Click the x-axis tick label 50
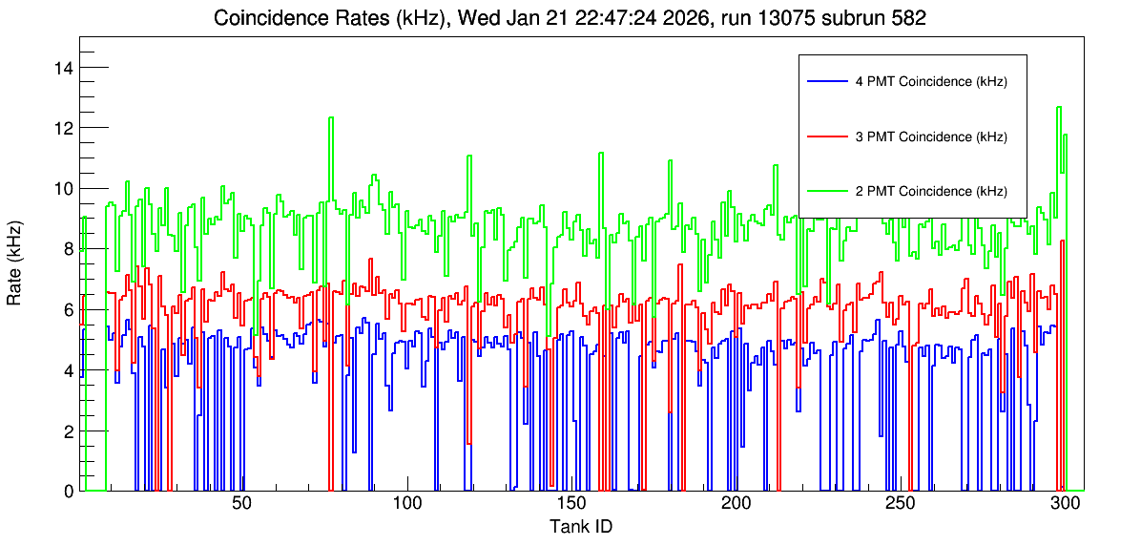click(x=241, y=504)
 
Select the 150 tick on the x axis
click(x=571, y=504)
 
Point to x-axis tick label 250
click(x=901, y=504)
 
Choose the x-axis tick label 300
click(x=1065, y=504)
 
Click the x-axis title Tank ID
click(x=581, y=526)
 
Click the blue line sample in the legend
click(x=827, y=81)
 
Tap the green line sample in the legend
click(x=827, y=191)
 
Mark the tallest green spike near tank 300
click(x=1059, y=108)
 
